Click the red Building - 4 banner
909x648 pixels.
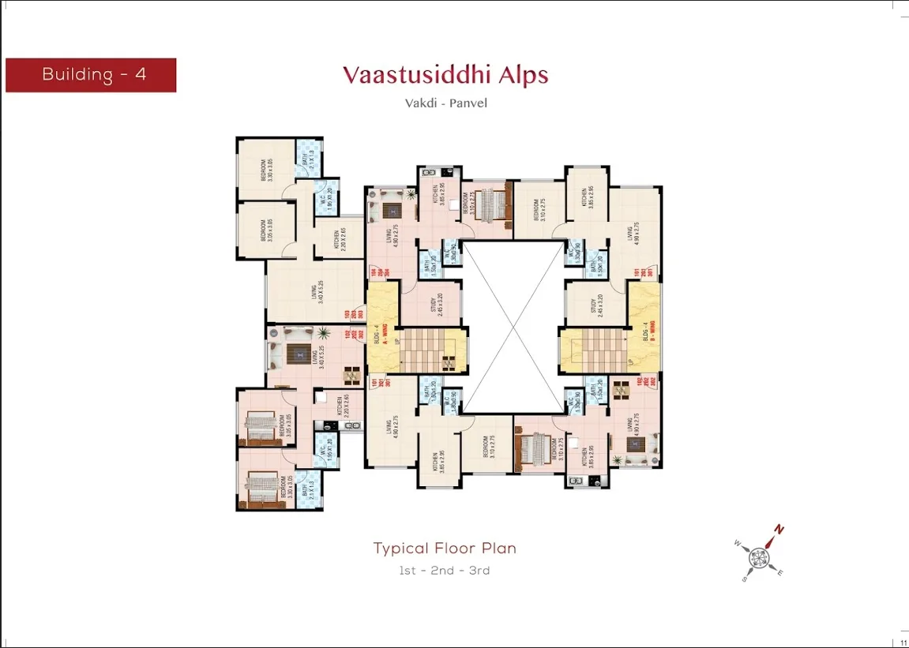(x=91, y=75)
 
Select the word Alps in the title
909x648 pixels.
(x=518, y=75)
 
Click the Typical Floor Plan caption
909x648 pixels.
(x=445, y=548)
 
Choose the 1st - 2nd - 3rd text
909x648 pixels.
(x=445, y=570)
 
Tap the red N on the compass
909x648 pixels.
(x=779, y=529)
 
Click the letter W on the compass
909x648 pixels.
(x=737, y=543)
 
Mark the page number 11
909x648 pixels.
(x=903, y=643)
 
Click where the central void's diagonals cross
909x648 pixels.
(x=514, y=327)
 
